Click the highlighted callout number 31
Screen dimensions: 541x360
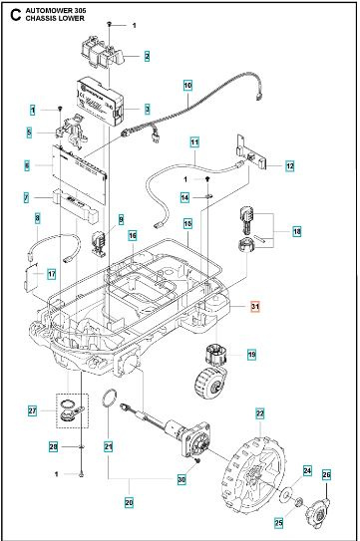click(x=255, y=307)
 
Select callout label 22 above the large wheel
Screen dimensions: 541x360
click(x=260, y=412)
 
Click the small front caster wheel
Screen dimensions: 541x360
click(x=207, y=382)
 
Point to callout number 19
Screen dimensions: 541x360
click(x=251, y=354)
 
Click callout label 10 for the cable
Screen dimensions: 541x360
click(x=187, y=87)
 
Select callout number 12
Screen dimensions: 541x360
click(x=289, y=165)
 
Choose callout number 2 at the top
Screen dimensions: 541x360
click(x=147, y=57)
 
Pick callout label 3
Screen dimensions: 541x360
click(x=147, y=109)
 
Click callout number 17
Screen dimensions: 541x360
click(x=51, y=273)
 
